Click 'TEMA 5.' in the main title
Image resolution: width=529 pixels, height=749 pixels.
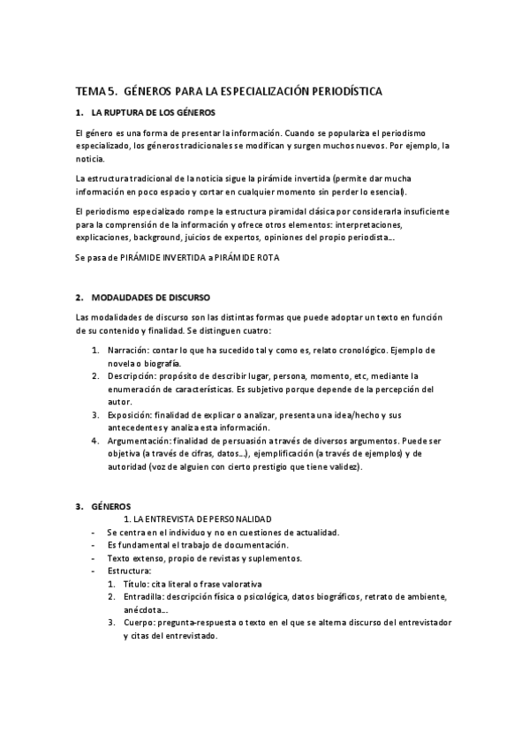95,91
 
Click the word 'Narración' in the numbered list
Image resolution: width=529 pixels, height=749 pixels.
126,351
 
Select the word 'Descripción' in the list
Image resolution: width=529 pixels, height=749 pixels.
131,375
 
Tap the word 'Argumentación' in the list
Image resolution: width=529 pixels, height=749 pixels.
138,439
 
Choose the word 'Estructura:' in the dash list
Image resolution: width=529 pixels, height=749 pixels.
129,571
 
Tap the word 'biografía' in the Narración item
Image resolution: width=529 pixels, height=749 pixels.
159,363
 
